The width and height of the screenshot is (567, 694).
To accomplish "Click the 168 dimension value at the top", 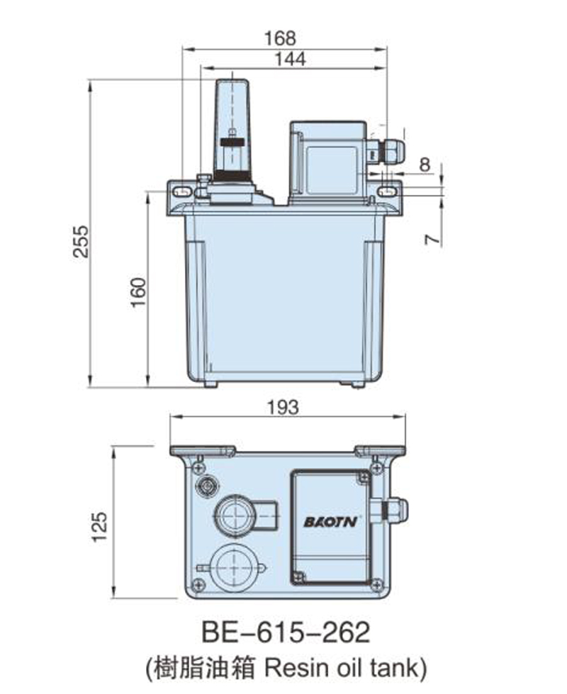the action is (x=280, y=38).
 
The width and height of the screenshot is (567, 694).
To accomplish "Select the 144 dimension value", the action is (x=290, y=59).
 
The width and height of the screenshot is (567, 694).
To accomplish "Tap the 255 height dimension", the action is (x=81, y=241).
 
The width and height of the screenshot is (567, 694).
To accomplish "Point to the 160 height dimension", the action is (x=138, y=292).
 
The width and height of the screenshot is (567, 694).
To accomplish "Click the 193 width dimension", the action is (x=283, y=407).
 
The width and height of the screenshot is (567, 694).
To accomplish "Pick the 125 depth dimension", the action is (x=99, y=526).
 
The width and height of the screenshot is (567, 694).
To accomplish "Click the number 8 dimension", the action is (x=425, y=164).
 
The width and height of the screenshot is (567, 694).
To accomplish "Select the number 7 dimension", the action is (x=433, y=239).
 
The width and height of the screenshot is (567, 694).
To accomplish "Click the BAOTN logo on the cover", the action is (x=330, y=522).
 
